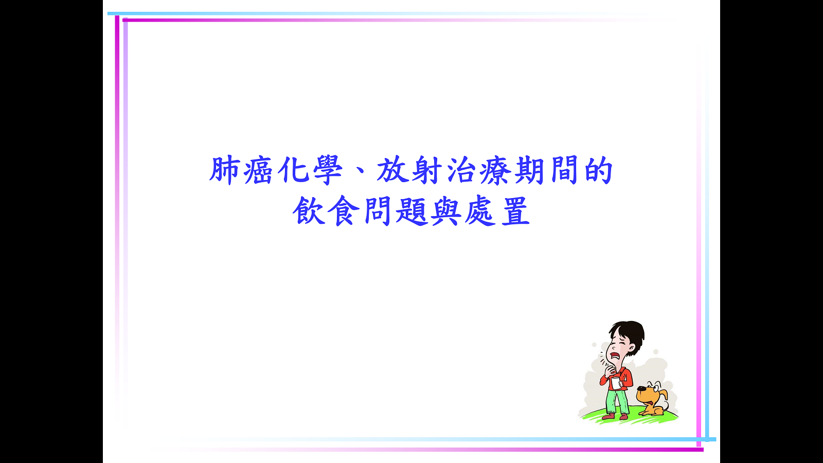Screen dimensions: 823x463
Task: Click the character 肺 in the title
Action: (225, 170)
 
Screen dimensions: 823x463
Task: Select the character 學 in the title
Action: (328, 170)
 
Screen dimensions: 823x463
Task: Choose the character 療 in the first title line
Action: (495, 170)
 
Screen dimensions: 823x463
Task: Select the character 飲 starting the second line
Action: (309, 210)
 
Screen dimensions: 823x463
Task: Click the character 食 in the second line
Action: (343, 210)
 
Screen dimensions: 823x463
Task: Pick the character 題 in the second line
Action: (411, 210)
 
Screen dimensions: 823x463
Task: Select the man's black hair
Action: (632, 332)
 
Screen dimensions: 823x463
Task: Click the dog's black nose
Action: (641, 389)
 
